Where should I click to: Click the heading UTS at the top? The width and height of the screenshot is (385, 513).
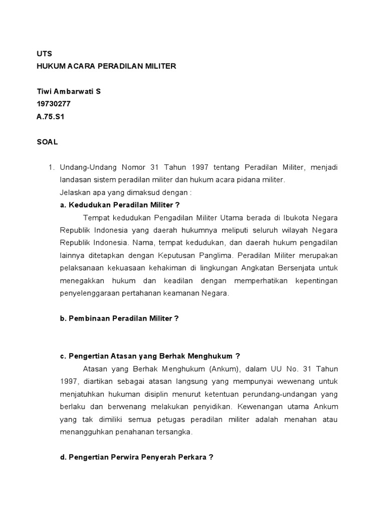point(44,54)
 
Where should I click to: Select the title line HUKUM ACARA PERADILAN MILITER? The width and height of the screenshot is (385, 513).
point(106,66)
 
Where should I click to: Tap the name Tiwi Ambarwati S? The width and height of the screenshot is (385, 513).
point(69,92)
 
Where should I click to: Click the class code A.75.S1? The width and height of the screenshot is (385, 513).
point(51,117)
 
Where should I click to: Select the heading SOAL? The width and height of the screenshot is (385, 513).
point(47,142)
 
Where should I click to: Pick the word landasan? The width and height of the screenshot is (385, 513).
point(75,179)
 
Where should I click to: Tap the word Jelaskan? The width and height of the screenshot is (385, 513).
point(75,192)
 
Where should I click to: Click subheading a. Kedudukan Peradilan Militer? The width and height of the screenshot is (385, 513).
point(119,205)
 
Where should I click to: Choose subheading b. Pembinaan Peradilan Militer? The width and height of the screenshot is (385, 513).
point(119,318)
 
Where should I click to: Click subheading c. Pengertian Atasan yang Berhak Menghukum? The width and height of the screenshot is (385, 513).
point(150,356)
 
